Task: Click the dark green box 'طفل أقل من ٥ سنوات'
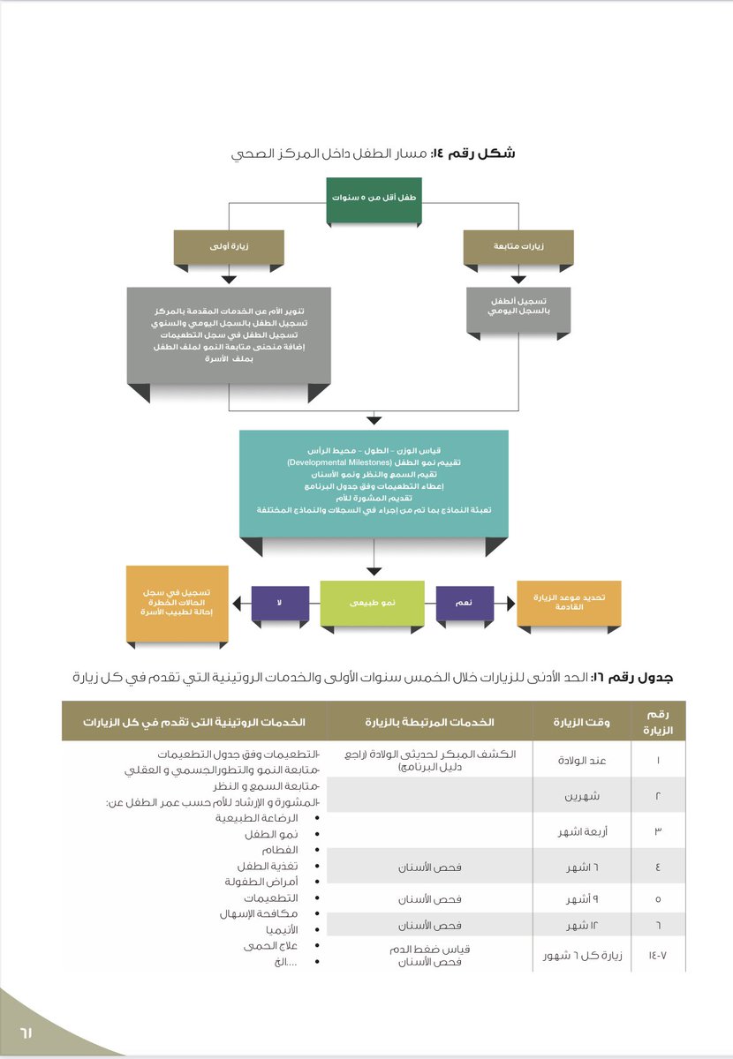pos(374,199)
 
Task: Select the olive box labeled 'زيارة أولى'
pos(229,247)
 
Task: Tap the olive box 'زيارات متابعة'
pos(518,247)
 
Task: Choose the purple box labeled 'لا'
pos(280,602)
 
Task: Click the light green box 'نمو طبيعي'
pos(372,602)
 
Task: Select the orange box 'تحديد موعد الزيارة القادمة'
pos(569,602)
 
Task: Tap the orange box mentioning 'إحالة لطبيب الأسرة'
pos(178,602)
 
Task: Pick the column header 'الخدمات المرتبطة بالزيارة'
pos(429,722)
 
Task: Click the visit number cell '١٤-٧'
pos(657,954)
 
